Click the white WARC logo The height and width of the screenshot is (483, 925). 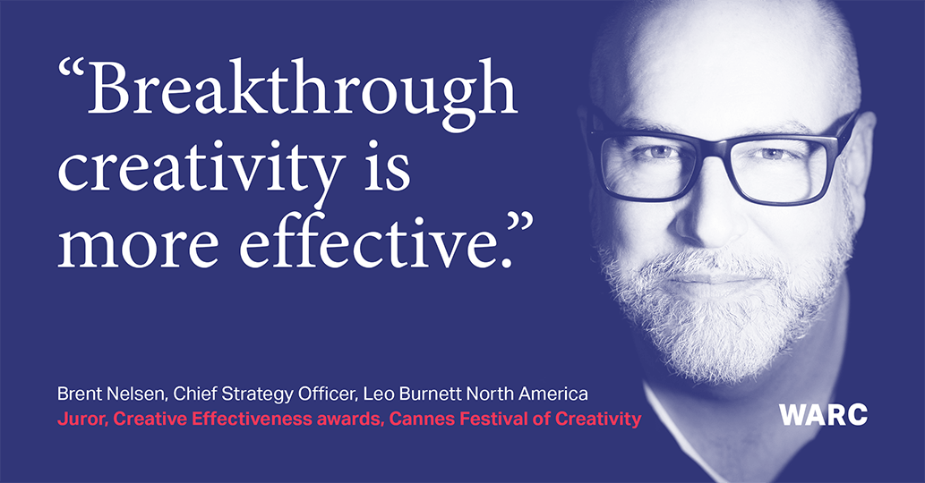[823, 415]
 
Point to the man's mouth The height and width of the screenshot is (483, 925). [716, 275]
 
